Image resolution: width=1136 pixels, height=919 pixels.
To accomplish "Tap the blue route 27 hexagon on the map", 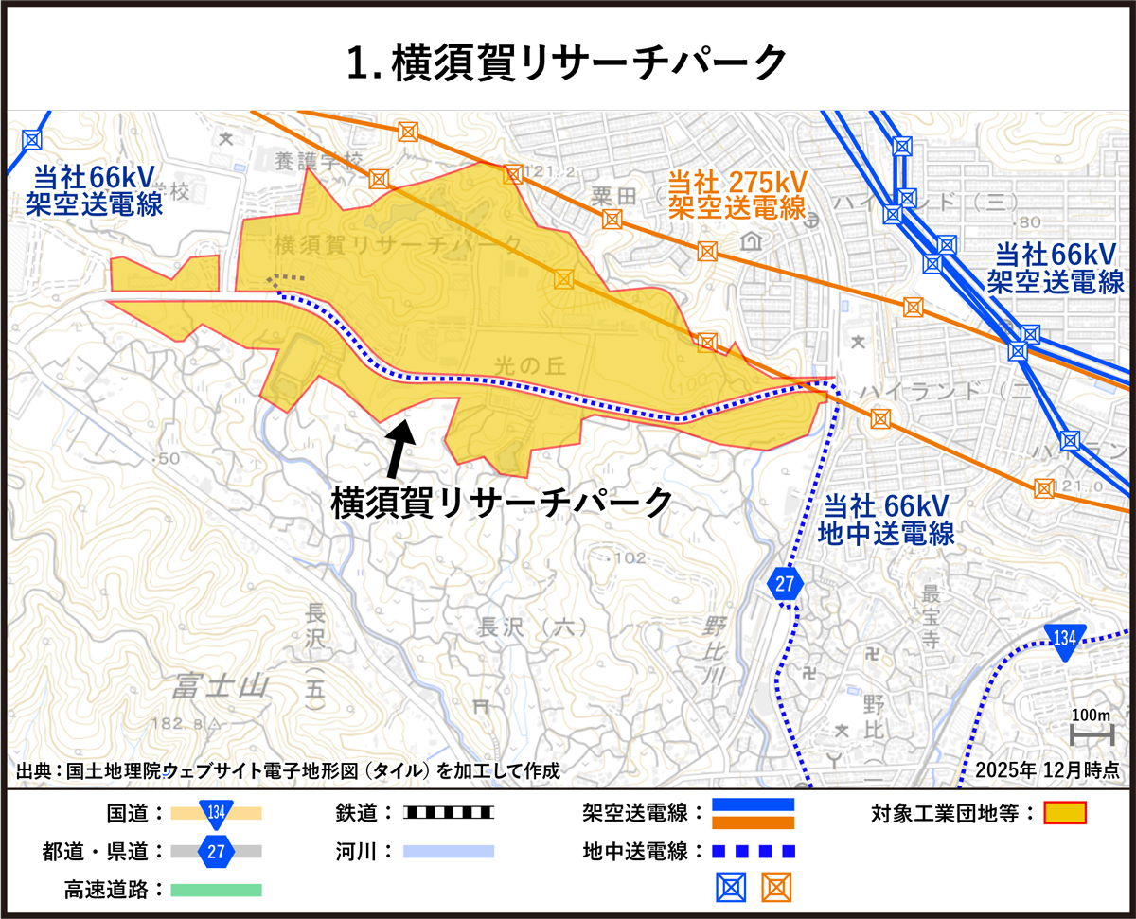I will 785,584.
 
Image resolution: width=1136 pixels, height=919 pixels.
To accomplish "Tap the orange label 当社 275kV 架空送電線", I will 737,194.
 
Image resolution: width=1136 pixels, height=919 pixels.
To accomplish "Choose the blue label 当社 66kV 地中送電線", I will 886,520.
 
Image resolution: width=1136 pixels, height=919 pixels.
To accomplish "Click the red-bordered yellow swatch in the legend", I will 1065,813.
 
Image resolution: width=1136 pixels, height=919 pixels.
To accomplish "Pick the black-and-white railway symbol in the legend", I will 448,813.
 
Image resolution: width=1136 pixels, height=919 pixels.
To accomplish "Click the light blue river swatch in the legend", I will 448,851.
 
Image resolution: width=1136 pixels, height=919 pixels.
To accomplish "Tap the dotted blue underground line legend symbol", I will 753,851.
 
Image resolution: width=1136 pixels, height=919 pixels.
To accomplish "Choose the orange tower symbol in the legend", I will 776,887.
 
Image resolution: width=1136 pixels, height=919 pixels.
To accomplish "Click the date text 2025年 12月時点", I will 1046,770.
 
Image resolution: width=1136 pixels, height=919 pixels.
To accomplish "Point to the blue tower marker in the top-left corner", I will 32,139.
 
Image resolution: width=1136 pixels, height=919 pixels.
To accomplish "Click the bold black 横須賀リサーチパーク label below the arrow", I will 502,501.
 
